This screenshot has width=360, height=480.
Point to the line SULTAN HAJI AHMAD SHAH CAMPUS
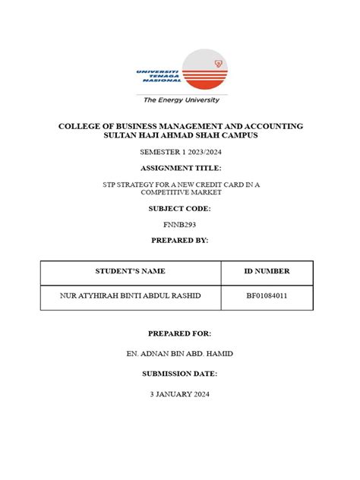coord(180,135)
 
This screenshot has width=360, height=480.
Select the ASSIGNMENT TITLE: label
coord(180,167)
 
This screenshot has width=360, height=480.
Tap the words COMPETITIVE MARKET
coord(180,192)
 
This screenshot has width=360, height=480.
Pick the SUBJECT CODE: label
coord(180,208)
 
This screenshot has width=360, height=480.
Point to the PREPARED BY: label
coord(180,240)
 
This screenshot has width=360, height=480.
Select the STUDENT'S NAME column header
coord(130,271)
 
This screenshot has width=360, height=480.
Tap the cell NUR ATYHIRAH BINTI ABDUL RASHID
coord(130,296)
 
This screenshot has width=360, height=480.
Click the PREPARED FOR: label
coord(180,333)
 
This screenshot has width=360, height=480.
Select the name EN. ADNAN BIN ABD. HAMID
coord(180,354)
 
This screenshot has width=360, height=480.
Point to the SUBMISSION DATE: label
coord(180,374)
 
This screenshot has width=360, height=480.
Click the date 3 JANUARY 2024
coord(180,394)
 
